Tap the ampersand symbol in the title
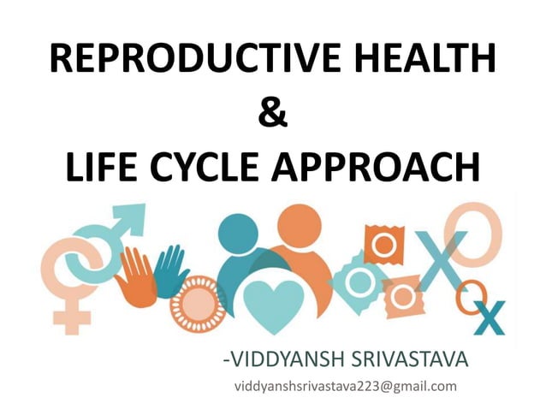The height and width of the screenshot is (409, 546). point(272,113)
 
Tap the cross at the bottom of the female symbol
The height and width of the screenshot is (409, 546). point(72,317)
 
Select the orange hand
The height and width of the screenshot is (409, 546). point(136,276)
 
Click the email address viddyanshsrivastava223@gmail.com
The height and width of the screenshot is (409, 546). point(345,386)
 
